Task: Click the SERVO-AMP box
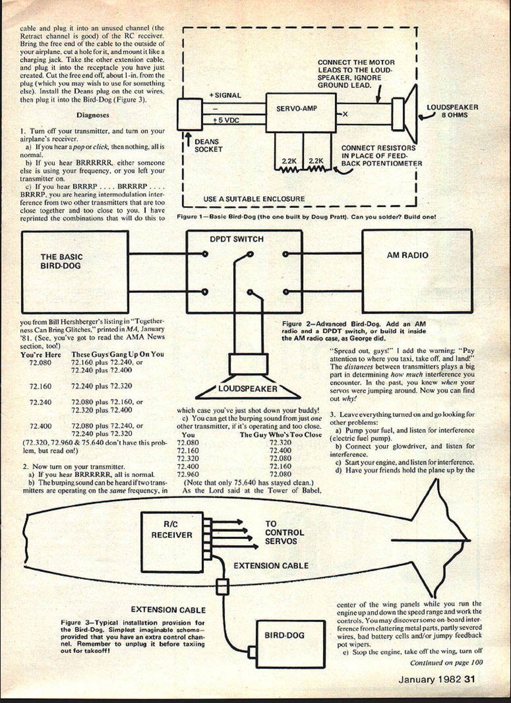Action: tap(300, 113)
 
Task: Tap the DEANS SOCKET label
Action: tap(208, 145)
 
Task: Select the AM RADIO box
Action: tap(417, 270)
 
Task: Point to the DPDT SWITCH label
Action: tap(236, 239)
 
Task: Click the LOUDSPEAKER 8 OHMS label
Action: tap(452, 111)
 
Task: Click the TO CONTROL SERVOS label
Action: tap(284, 532)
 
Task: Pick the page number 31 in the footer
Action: tap(469, 679)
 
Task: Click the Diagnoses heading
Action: tap(93, 115)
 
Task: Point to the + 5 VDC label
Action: tap(226, 120)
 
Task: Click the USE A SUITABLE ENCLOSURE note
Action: tap(254, 199)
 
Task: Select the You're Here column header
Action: tap(41, 355)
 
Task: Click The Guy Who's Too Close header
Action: tap(280, 435)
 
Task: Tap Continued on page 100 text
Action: tap(446, 663)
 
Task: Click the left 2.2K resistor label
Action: tap(288, 161)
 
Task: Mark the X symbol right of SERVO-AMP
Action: tap(345, 114)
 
